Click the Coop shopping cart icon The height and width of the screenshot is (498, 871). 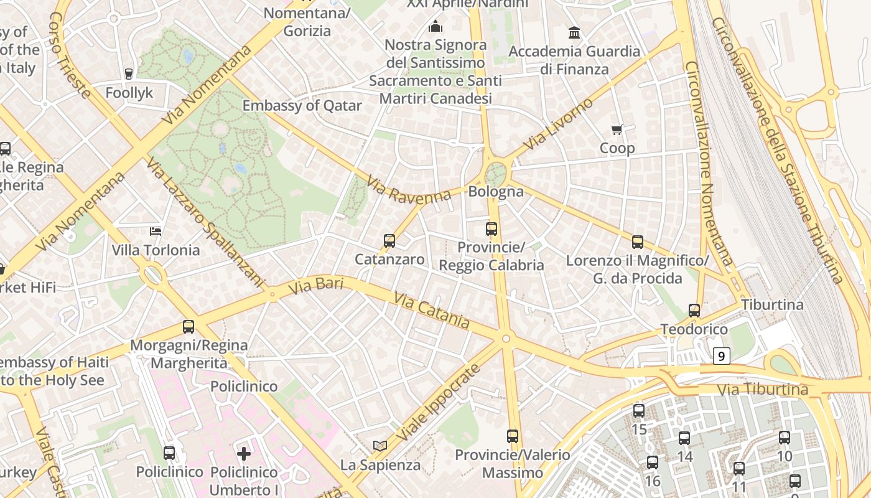(617, 130)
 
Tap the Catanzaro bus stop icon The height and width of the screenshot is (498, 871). (389, 241)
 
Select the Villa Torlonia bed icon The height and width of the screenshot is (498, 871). (156, 232)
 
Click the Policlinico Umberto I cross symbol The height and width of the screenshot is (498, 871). (244, 453)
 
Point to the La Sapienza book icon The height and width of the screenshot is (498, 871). (380, 446)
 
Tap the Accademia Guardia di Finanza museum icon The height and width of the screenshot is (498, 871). (574, 32)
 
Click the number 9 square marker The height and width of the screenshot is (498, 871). (721, 357)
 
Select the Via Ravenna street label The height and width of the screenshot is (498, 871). (408, 189)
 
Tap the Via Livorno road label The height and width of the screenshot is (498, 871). (558, 124)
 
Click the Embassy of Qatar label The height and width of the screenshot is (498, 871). (302, 105)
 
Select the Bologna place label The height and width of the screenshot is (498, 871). (496, 192)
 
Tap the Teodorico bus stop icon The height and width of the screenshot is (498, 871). (694, 310)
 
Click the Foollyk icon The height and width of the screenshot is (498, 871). (129, 74)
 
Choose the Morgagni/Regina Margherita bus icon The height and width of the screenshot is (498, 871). (188, 326)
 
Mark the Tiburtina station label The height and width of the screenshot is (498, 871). (772, 305)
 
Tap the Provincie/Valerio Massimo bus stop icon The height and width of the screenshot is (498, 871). (513, 436)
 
